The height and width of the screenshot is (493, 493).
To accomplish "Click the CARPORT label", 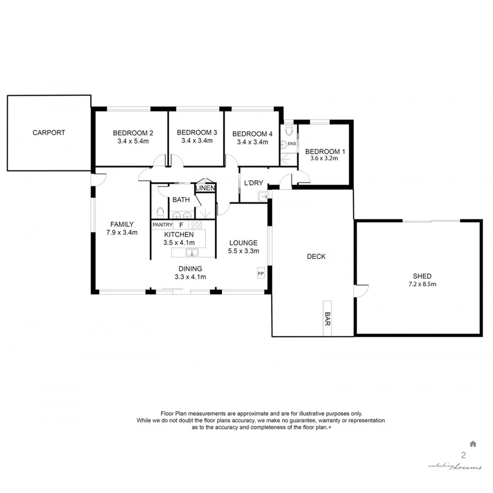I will [x=48, y=133].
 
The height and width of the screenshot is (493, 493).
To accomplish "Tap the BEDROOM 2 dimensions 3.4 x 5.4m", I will [x=133, y=141].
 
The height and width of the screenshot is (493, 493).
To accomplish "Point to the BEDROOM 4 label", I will [x=252, y=134].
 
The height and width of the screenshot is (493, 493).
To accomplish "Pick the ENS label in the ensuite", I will [x=292, y=144].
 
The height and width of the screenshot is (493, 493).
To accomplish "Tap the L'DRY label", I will [x=253, y=182].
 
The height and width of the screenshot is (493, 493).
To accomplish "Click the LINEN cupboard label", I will [x=205, y=188].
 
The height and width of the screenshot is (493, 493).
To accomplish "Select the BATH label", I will [x=181, y=200].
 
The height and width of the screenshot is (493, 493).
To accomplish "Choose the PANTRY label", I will [x=162, y=225].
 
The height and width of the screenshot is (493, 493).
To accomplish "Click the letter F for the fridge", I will [x=181, y=225].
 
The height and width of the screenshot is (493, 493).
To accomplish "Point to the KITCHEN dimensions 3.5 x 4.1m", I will [x=178, y=243].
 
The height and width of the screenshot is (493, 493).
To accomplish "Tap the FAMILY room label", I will [x=122, y=224].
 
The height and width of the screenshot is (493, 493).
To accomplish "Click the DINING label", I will [x=190, y=268].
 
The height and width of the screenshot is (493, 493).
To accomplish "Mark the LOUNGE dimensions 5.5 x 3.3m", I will [x=244, y=251].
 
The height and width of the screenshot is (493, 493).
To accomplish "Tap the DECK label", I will [x=316, y=256].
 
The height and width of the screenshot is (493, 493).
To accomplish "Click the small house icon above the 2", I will [x=473, y=443].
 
